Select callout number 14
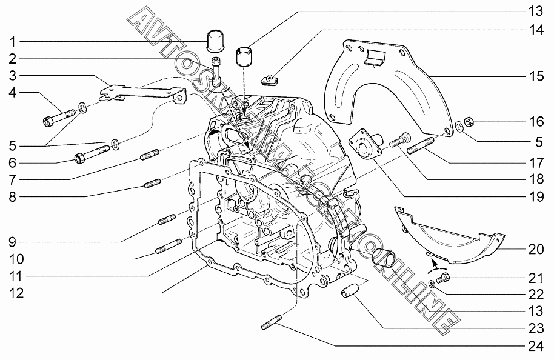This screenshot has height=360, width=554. [535, 29]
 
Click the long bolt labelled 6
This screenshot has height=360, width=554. [91, 154]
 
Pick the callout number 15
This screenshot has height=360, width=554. [535, 76]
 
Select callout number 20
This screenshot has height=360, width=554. [535, 250]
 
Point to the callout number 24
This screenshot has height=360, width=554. [535, 346]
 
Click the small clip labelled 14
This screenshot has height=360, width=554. [269, 78]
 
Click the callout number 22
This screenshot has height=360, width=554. [535, 295]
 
